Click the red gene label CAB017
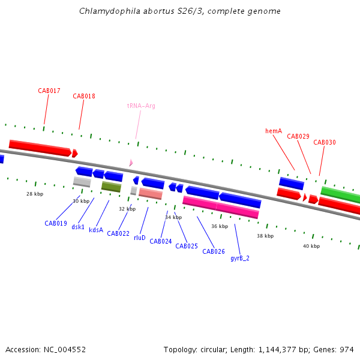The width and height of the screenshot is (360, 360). pyautogui.click(x=49, y=91)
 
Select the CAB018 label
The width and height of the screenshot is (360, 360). pyautogui.click(x=84, y=96)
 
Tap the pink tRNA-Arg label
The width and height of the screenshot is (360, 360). pyautogui.click(x=141, y=106)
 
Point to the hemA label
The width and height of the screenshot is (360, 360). pyautogui.click(x=274, y=131)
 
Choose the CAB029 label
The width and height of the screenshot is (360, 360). pyautogui.click(x=298, y=136)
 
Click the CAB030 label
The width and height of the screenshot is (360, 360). pyautogui.click(x=325, y=142)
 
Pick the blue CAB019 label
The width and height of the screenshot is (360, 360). pyautogui.click(x=56, y=223)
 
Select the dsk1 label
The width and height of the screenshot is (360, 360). pyautogui.click(x=78, y=227)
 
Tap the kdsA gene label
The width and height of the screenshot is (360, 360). pyautogui.click(x=96, y=230)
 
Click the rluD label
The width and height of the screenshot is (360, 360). pyautogui.click(x=140, y=238)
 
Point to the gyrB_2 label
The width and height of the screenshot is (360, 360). pyautogui.click(x=240, y=258)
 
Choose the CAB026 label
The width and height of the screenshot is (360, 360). pyautogui.click(x=214, y=251)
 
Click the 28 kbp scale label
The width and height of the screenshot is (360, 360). pyautogui.click(x=35, y=194)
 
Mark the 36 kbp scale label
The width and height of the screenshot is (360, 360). pyautogui.click(x=220, y=226)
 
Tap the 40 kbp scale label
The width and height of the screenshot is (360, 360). pyautogui.click(x=311, y=246)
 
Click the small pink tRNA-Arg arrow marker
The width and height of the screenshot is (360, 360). pyautogui.click(x=131, y=163)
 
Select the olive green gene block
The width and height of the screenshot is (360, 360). pyautogui.click(x=111, y=187)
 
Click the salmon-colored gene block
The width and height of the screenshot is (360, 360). pyautogui.click(x=151, y=194)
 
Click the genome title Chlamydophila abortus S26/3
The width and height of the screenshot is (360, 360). pyautogui.click(x=180, y=11)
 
